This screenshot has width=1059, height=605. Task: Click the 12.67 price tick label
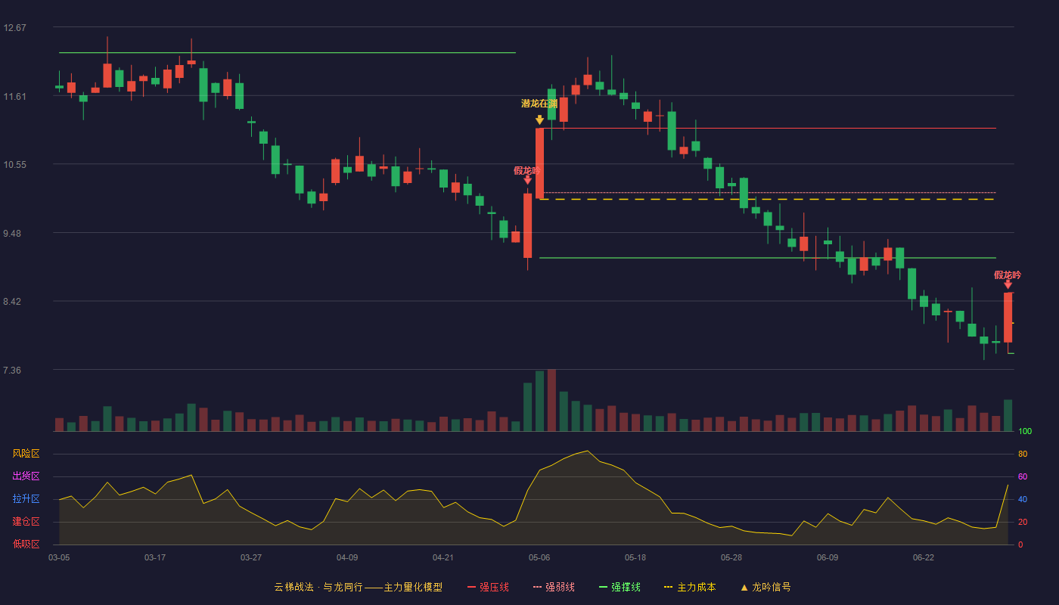14,28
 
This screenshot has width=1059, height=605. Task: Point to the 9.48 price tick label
12,234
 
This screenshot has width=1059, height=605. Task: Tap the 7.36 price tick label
12,370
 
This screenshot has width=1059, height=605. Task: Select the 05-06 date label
539,558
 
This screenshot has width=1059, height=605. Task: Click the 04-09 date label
347,558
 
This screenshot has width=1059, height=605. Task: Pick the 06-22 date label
924,558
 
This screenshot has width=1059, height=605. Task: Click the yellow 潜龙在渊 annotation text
539,104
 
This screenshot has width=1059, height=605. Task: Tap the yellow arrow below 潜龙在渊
539,119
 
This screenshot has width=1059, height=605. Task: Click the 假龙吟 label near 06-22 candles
1008,275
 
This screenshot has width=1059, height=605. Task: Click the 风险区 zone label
26,454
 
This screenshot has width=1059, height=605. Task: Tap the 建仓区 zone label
26,522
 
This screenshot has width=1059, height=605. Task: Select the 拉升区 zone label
26,499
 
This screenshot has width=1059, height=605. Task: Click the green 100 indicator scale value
1025,431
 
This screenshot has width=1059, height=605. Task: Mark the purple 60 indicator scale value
1023,476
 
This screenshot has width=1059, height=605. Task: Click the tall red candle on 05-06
539,163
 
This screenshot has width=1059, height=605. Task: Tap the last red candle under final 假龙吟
1008,318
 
